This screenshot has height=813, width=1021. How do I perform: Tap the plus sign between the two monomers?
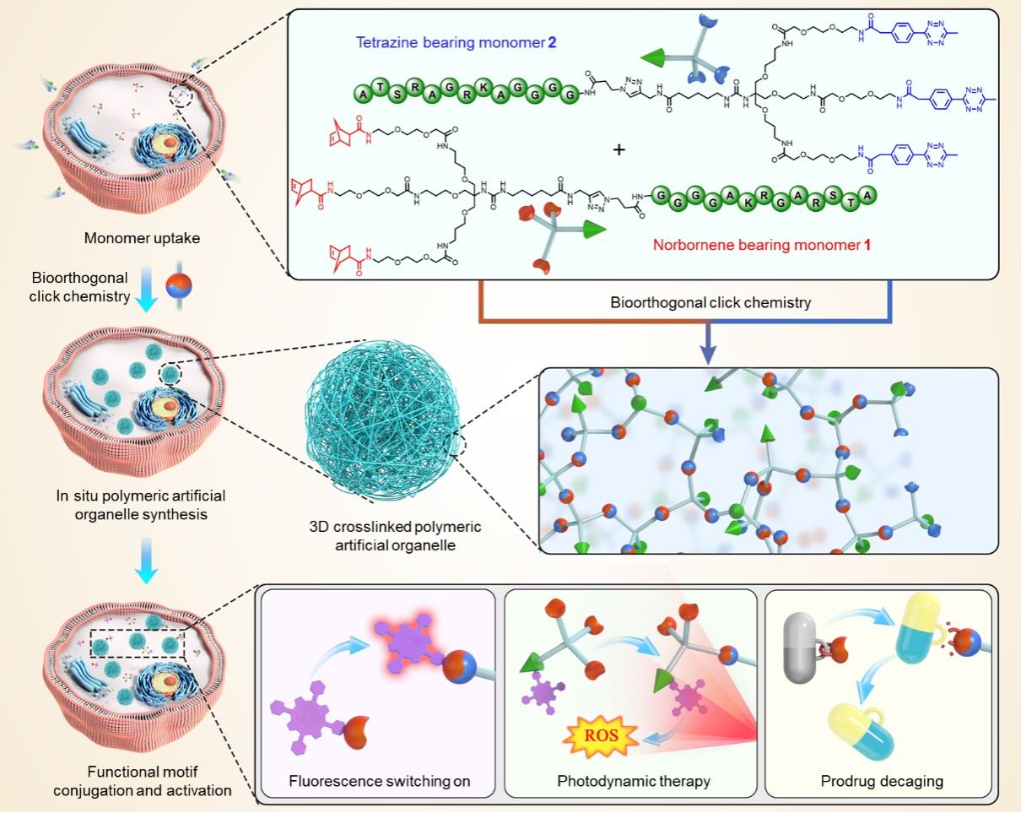[x=619, y=149]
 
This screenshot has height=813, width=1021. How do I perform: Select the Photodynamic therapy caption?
[x=634, y=781]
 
